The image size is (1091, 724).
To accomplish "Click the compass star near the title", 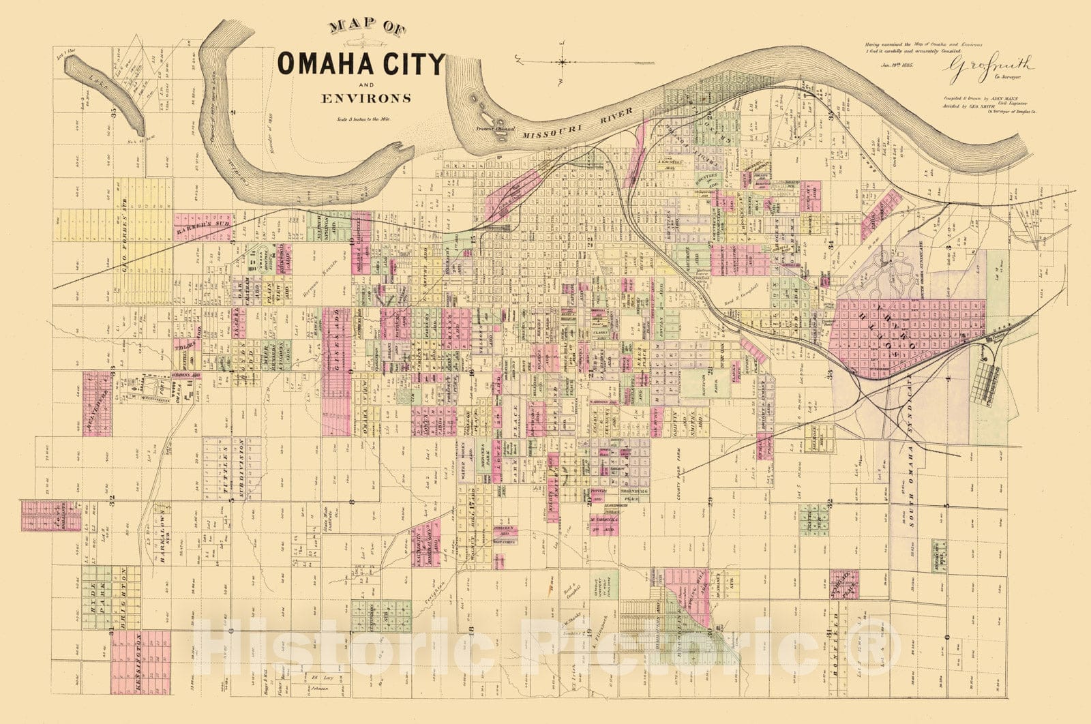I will coord(563,61).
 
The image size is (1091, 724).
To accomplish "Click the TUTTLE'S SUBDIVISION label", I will coord(232,470).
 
